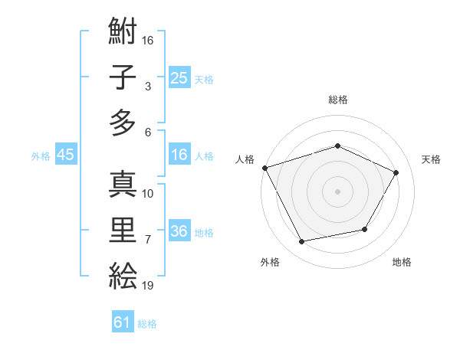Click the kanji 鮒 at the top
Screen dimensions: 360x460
pos(123,34)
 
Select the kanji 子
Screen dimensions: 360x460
pos(123,78)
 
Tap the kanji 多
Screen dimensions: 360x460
pos(123,123)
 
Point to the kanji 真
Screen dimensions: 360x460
pos(123,184)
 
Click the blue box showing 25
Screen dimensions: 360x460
pos(179,78)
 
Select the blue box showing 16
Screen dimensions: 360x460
pos(179,155)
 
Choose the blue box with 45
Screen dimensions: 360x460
pos(65,155)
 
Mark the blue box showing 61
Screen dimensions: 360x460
pos(123,323)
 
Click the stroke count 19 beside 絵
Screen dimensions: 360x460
pos(148,286)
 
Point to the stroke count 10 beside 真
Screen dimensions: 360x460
pos(148,194)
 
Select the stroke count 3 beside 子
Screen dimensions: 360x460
pos(147,87)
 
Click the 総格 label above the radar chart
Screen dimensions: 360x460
pos(337,100)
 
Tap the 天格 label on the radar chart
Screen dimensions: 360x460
pos(431,159)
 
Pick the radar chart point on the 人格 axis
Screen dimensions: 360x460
pos(264,168)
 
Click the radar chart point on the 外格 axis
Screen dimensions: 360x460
pos(302,242)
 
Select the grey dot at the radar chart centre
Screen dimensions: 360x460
pos(337,191)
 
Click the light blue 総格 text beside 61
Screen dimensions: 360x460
pos(147,324)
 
